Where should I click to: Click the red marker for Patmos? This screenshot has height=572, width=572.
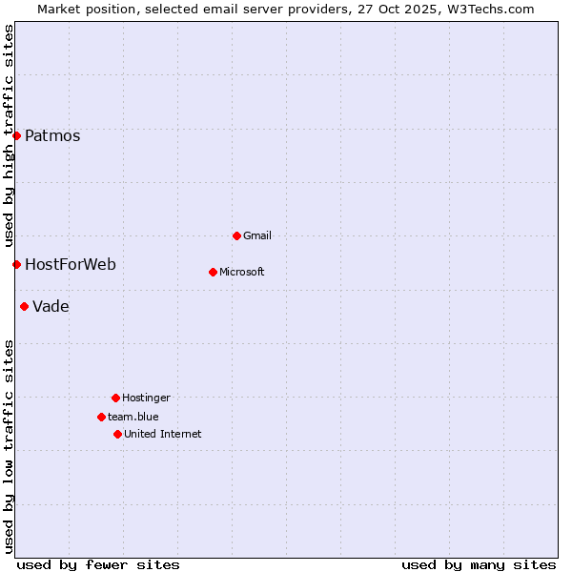[x=16, y=135]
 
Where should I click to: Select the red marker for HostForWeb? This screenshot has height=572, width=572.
[x=16, y=264]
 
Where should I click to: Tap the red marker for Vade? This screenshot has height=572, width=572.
[x=24, y=306]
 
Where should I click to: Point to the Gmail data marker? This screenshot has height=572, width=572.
[x=236, y=235]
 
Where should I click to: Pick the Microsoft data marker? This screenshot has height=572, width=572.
[x=213, y=272]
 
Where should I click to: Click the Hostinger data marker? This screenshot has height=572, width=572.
[x=115, y=398]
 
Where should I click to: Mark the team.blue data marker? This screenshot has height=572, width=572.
[x=101, y=417]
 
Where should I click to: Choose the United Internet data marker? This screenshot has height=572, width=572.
[x=117, y=434]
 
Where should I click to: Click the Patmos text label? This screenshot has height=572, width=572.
[x=52, y=135]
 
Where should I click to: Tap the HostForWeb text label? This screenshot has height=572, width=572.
[x=71, y=264]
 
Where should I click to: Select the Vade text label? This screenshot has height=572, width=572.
[x=51, y=306]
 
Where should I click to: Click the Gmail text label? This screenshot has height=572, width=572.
[x=257, y=235]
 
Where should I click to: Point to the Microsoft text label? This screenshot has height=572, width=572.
[x=242, y=272]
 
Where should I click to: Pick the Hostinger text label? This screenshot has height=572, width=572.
[x=146, y=398]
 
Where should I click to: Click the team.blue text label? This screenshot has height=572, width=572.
[x=133, y=417]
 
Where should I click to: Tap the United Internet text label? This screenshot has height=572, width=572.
[x=163, y=434]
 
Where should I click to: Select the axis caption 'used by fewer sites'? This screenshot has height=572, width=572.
[x=98, y=564]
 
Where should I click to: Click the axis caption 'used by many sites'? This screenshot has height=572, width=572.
[x=479, y=564]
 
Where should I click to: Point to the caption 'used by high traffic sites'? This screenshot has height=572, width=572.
[x=9, y=135]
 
